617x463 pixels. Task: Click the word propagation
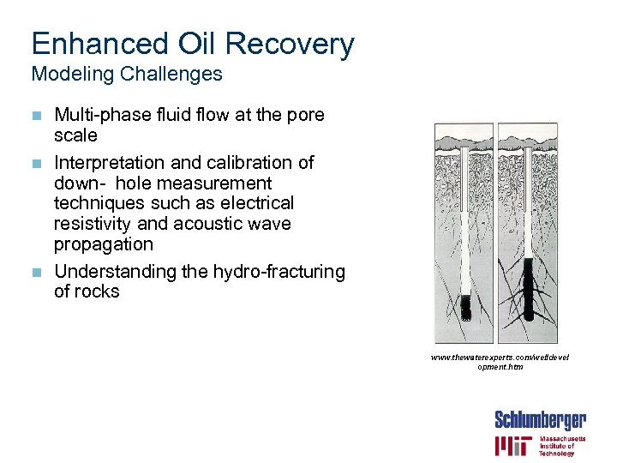tap(104, 244)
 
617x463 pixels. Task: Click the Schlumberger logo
tap(540, 420)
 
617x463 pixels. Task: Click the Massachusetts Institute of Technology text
tap(562, 445)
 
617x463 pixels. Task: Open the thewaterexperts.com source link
tap(500, 361)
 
